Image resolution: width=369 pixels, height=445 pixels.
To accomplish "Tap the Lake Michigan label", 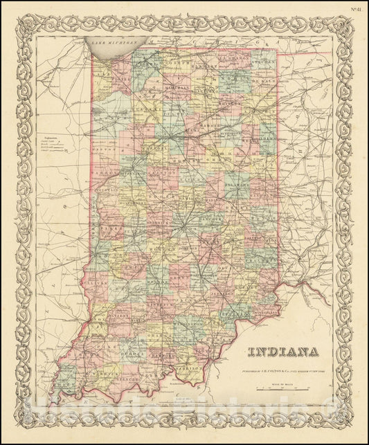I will tap(111, 44).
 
